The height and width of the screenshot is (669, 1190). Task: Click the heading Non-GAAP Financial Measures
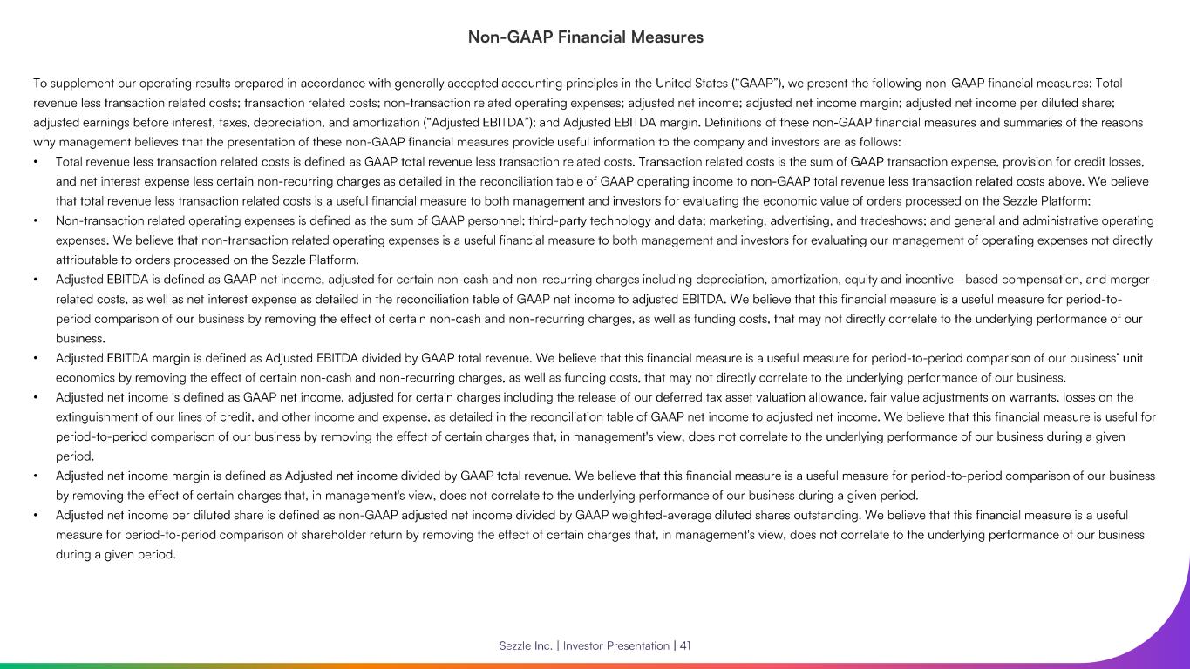(x=585, y=37)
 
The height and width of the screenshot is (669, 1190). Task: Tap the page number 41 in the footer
(x=685, y=645)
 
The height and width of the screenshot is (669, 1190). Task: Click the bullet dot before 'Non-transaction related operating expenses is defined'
(x=35, y=221)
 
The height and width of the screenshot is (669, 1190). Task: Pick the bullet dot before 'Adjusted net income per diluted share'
(x=35, y=516)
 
